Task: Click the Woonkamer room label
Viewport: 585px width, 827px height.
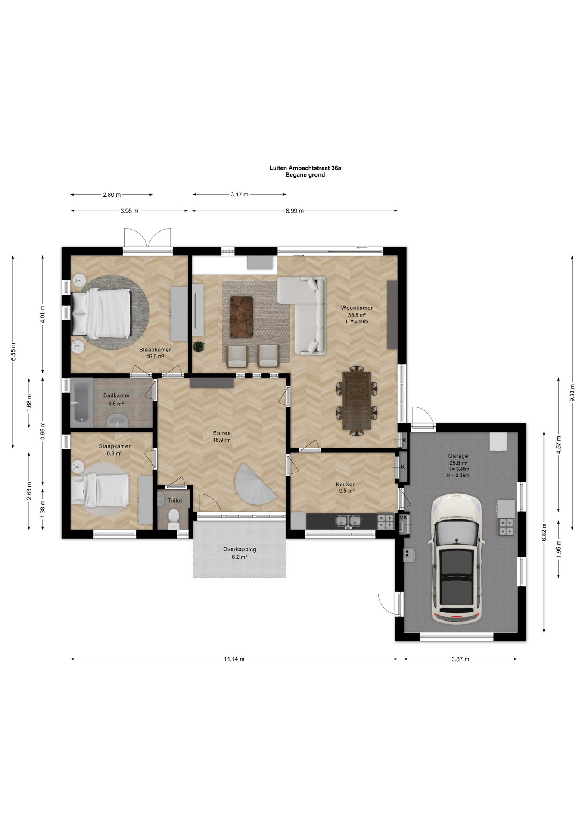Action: [357, 308]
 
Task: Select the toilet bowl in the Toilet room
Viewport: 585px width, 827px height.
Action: [174, 516]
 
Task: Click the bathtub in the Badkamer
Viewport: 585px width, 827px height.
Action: [81, 401]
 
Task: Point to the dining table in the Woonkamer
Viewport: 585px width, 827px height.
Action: [357, 401]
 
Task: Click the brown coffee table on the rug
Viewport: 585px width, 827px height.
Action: [241, 317]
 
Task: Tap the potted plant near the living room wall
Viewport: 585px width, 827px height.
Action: [199, 346]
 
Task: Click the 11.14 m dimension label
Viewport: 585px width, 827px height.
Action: [234, 659]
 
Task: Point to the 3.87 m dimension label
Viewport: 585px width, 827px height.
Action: [460, 659]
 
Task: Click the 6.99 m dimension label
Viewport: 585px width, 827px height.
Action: [295, 211]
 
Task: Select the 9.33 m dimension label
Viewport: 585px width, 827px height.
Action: [572, 392]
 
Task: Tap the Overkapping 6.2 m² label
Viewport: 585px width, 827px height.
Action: [240, 553]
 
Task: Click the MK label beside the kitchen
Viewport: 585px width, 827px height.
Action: [403, 518]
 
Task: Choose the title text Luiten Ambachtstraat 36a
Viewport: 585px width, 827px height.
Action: [305, 168]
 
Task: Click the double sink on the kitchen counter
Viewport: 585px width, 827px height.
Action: [349, 521]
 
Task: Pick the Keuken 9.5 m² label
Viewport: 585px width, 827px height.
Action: [346, 488]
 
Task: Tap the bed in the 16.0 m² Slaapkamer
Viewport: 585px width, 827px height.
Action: [101, 313]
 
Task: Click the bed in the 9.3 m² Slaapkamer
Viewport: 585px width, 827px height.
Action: [100, 490]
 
